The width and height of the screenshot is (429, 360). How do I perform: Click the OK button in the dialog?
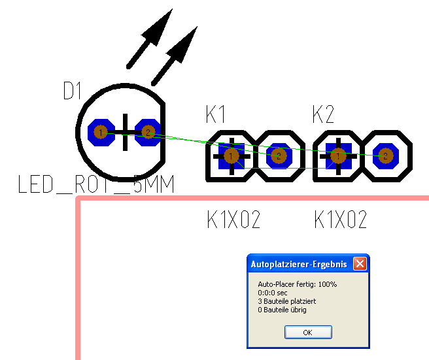click(x=307, y=332)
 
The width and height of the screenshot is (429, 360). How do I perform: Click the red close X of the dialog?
click(x=359, y=264)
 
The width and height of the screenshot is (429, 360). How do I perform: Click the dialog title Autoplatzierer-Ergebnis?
click(x=299, y=264)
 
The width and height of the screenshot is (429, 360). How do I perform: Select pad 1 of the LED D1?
click(x=100, y=133)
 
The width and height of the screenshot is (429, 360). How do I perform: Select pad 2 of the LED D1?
click(x=148, y=133)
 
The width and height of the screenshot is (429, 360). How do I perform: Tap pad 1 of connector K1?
click(x=231, y=155)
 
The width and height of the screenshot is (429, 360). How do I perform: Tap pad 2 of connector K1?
click(x=279, y=155)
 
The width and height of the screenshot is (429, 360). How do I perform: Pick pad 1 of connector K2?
click(x=338, y=155)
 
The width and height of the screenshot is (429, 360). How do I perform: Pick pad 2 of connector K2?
click(x=386, y=155)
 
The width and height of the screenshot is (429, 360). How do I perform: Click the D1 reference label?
click(x=74, y=91)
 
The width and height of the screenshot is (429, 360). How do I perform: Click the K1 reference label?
click(x=216, y=116)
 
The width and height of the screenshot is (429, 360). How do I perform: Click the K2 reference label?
click(x=323, y=116)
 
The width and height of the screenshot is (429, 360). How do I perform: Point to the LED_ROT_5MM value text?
click(x=97, y=186)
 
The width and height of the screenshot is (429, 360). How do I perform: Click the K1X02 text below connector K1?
click(x=233, y=220)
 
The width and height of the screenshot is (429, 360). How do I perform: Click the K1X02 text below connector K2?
click(x=341, y=220)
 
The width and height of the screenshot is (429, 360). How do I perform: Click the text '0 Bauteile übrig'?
click(x=282, y=310)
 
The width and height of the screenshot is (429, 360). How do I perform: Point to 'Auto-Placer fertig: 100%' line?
click(x=298, y=284)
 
